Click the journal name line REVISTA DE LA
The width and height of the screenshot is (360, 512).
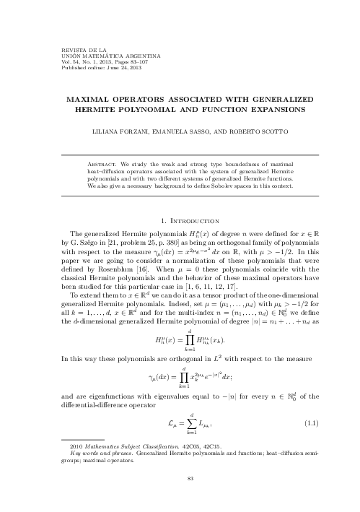pos(64,49)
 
